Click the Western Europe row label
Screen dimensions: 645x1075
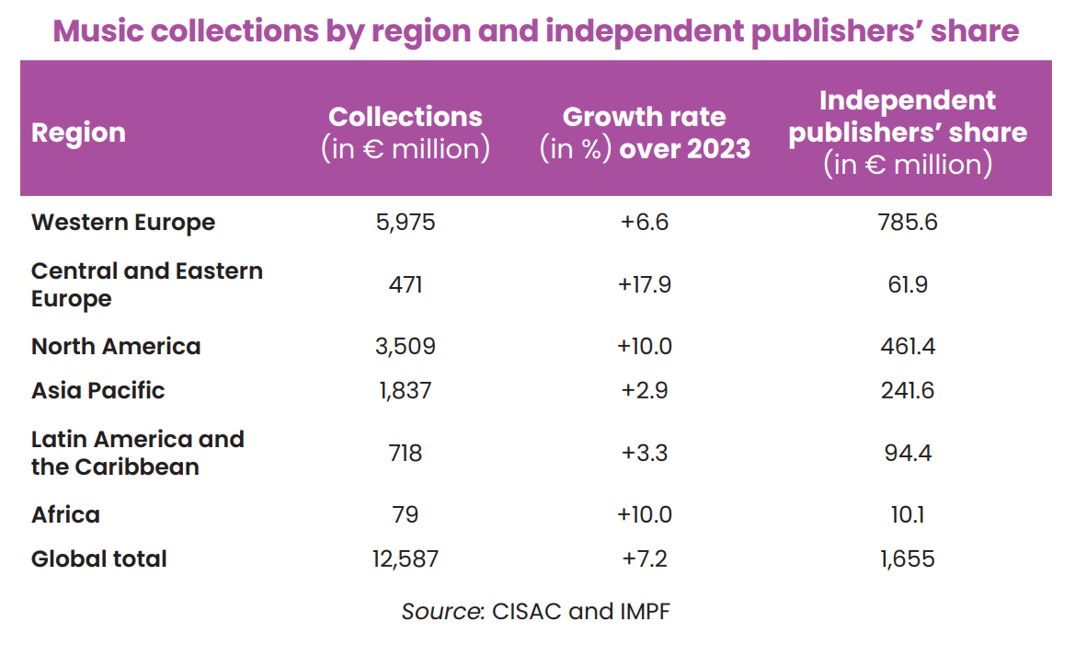pos(122,223)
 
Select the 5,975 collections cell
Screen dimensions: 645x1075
pos(405,223)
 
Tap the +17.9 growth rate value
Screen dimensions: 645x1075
pos(644,284)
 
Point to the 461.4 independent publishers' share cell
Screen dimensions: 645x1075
pos(907,347)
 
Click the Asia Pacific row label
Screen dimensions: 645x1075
pos(97,390)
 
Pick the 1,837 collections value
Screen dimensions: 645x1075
pos(405,390)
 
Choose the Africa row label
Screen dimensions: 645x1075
pos(65,514)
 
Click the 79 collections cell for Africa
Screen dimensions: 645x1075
pos(405,514)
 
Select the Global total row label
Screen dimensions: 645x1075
pos(99,559)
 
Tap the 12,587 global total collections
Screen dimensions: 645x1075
pos(405,559)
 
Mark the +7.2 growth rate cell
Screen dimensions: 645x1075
pos(644,559)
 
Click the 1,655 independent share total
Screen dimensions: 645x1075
pos(907,559)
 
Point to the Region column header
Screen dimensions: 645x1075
pos(78,132)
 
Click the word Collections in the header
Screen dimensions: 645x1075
pos(405,117)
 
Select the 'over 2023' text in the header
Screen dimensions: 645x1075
pos(685,149)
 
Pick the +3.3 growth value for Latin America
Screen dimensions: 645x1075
pos(644,453)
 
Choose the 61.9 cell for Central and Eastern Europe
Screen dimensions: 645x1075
pos(907,284)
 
